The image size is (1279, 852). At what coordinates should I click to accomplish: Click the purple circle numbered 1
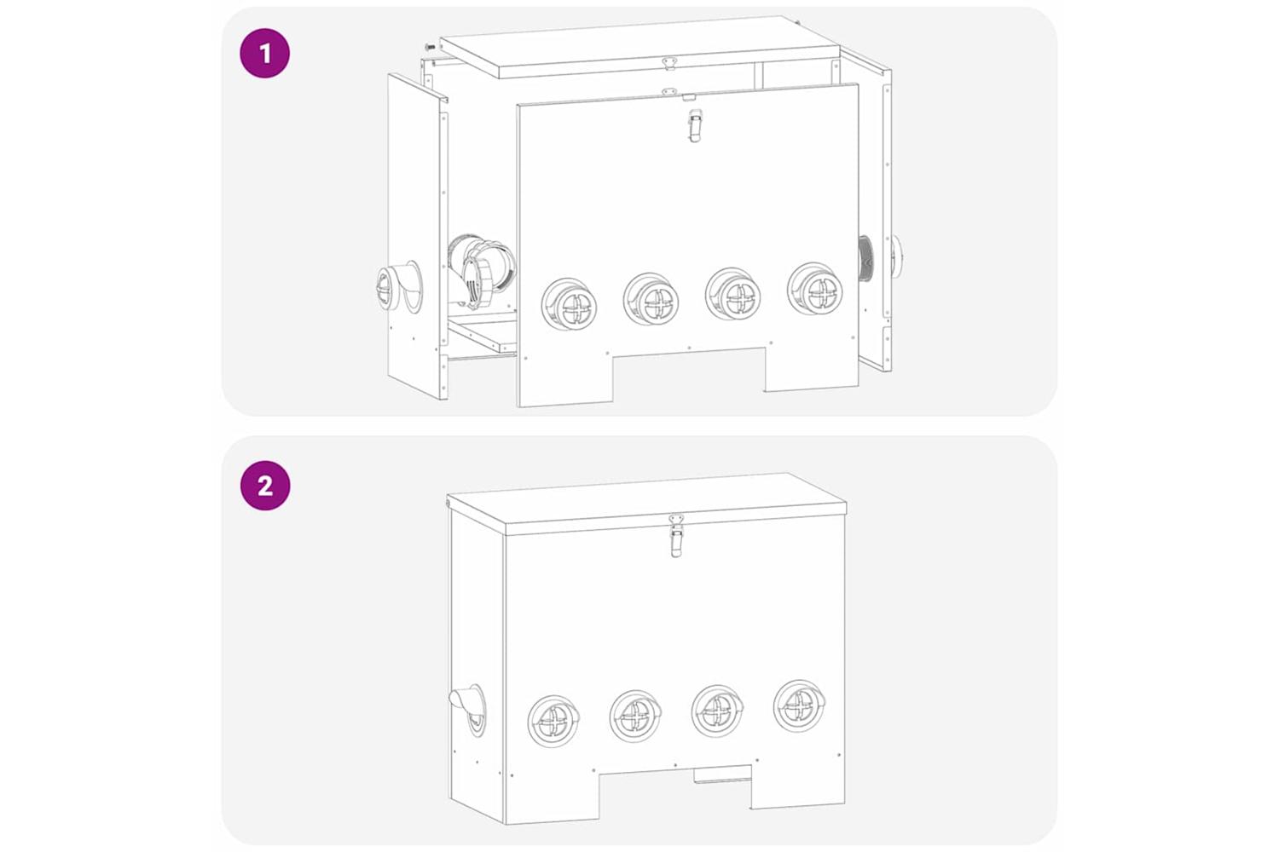pos(264,53)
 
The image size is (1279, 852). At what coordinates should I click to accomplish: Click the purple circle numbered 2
pos(265,486)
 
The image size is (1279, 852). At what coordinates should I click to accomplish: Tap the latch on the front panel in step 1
pos(694,125)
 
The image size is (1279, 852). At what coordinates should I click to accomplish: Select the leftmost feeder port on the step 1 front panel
pos(570,304)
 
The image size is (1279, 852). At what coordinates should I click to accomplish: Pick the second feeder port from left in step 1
pos(651,299)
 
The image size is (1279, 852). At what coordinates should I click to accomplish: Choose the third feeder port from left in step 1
pos(732,294)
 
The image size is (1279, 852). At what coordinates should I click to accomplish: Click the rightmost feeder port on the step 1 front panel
pos(814,289)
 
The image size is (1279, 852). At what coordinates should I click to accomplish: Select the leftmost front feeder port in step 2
pos(553,722)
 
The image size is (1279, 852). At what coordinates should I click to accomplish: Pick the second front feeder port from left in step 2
pos(635,717)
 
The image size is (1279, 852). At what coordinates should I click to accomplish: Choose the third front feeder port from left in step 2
pos(717,711)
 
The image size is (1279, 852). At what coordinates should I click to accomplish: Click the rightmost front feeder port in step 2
pos(800,706)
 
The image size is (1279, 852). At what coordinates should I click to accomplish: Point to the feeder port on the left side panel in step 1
pos(399,287)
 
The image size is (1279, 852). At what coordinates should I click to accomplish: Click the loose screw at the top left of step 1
pos(430,46)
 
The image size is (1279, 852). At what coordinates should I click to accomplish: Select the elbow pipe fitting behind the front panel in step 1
pos(482,272)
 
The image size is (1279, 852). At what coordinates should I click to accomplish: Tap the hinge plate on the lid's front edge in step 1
pos(668,63)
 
